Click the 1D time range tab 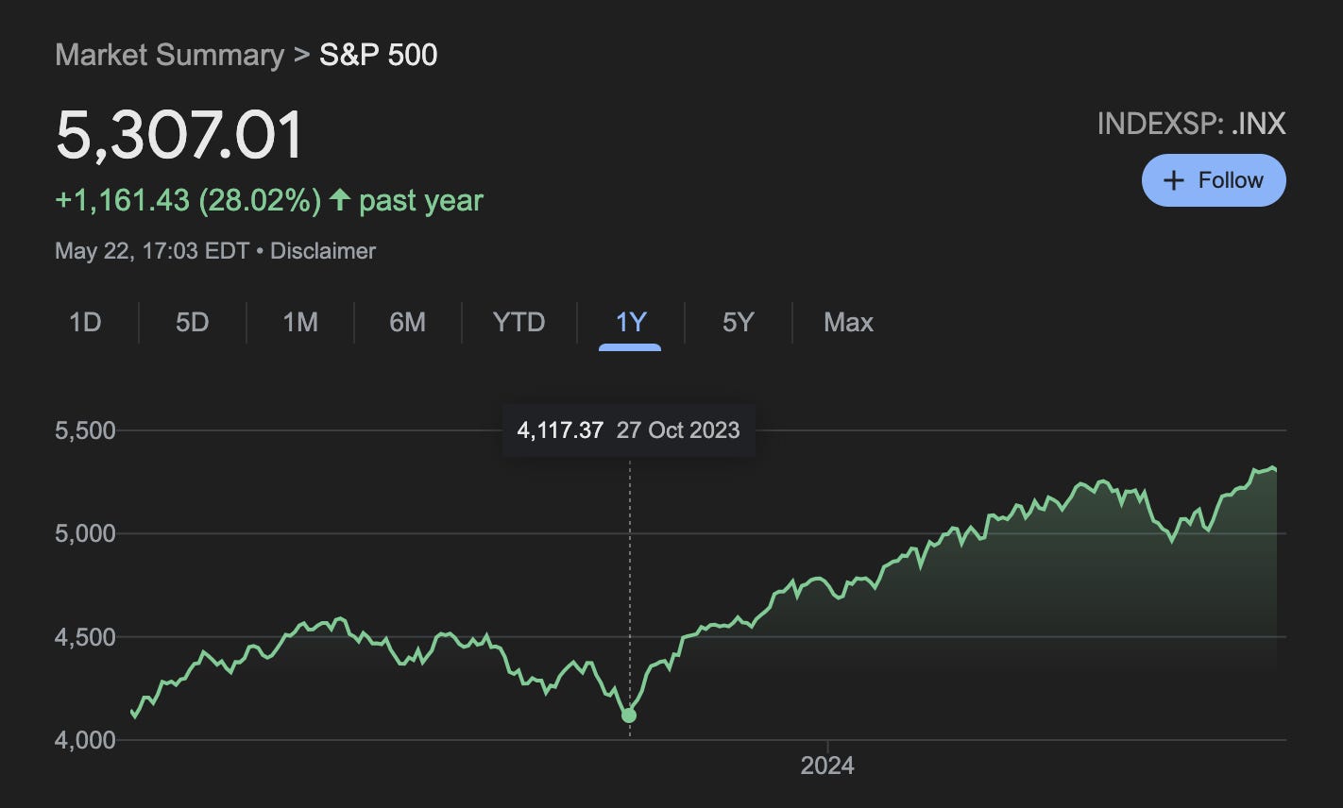pyautogui.click(x=85, y=323)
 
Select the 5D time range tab pyautogui.click(x=192, y=323)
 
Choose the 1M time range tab pyautogui.click(x=300, y=323)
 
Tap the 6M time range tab pyautogui.click(x=407, y=323)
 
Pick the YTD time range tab pyautogui.click(x=518, y=323)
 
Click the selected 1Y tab pyautogui.click(x=630, y=323)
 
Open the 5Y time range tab pyautogui.click(x=738, y=323)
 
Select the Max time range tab pyautogui.click(x=848, y=323)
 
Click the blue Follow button pyautogui.click(x=1213, y=180)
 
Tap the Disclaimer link pyautogui.click(x=323, y=251)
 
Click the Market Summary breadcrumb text pyautogui.click(x=169, y=55)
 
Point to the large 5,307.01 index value pyautogui.click(x=179, y=135)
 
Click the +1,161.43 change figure pyautogui.click(x=123, y=200)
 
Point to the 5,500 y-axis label pyautogui.click(x=85, y=430)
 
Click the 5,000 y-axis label pyautogui.click(x=85, y=533)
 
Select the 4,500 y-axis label pyautogui.click(x=85, y=637)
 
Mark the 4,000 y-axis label pyautogui.click(x=85, y=740)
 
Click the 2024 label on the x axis pyautogui.click(x=827, y=765)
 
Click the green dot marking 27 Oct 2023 pyautogui.click(x=629, y=715)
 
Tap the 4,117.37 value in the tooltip pyautogui.click(x=560, y=430)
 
